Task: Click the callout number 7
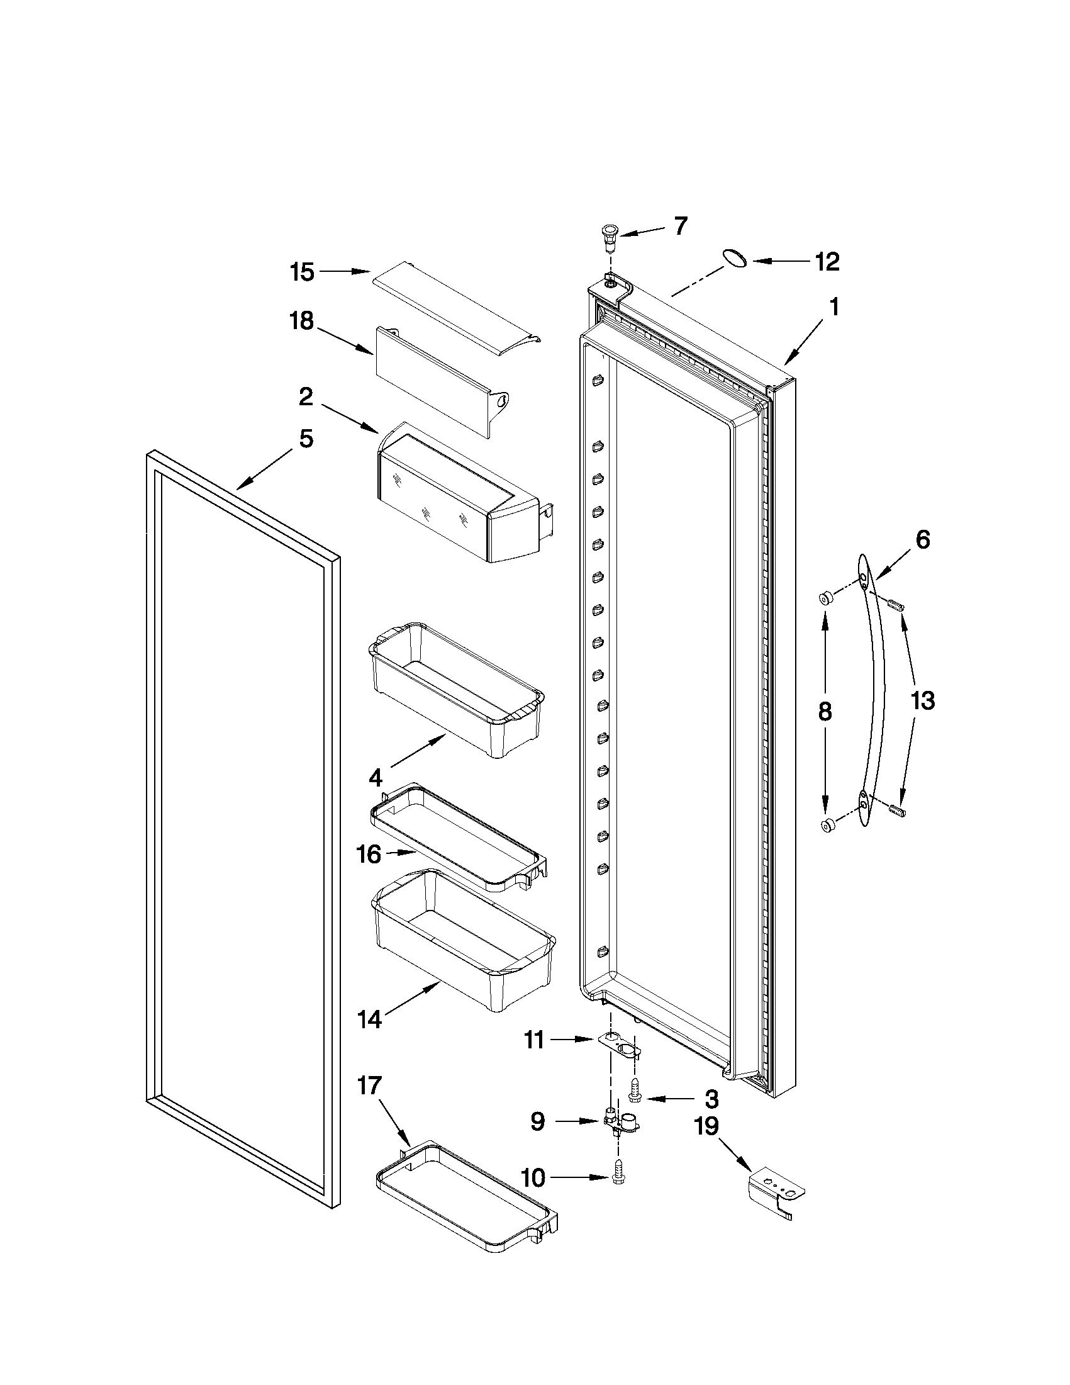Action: tap(681, 227)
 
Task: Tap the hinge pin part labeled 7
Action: tap(610, 237)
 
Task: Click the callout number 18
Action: tap(303, 322)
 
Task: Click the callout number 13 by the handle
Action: tap(922, 701)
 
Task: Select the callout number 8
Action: tap(825, 712)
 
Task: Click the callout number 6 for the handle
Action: tap(923, 540)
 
